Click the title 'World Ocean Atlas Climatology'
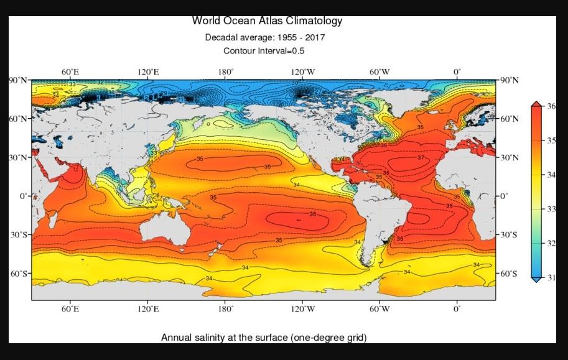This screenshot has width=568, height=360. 267,21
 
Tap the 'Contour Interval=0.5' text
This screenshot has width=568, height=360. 264,50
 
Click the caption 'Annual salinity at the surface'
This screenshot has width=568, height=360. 225,338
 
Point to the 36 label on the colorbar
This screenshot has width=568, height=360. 551,106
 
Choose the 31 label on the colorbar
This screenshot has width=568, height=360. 551,278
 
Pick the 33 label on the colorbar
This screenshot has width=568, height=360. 551,209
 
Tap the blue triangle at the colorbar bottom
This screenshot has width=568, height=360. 536,280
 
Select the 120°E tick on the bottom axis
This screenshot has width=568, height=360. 148,308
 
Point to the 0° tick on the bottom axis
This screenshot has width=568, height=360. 457,308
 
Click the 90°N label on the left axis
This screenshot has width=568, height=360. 18,81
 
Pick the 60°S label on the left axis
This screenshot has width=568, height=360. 18,274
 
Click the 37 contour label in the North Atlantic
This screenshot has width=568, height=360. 421,158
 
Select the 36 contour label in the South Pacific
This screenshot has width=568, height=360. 312,215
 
